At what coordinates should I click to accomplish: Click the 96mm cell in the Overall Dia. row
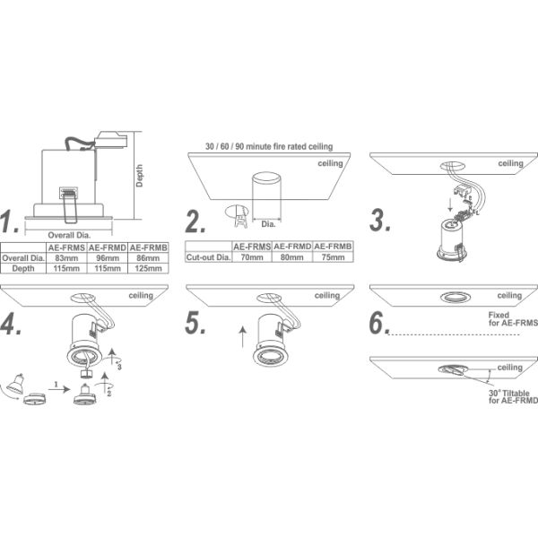point(107,258)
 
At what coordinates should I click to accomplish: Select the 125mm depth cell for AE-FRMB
point(148,268)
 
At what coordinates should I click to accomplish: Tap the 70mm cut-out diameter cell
point(252,257)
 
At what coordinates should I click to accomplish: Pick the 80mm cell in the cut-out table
point(292,257)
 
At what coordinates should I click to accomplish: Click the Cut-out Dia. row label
point(208,257)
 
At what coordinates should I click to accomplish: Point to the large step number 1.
point(9,221)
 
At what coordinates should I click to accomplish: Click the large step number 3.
point(380,220)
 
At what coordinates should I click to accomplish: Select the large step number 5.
point(195,323)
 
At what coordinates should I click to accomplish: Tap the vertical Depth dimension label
point(139,176)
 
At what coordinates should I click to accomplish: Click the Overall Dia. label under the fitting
point(69,235)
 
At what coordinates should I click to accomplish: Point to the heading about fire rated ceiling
point(269,146)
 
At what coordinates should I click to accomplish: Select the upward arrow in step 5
point(243,336)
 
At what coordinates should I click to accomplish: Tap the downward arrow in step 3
point(450,204)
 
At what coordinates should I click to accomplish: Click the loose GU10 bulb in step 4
point(14,384)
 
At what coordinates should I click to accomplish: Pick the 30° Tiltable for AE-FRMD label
point(513,396)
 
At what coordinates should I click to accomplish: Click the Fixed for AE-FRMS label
point(513,318)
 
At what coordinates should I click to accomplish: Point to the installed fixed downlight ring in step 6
point(456,298)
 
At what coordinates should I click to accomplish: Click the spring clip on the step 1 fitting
point(70,204)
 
